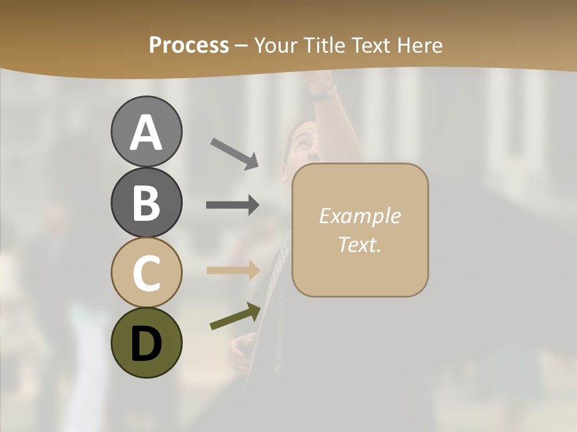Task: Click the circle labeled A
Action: pos(146,132)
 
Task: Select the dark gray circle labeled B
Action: pos(146,202)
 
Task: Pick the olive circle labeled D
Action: pos(146,343)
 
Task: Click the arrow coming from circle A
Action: pos(234,154)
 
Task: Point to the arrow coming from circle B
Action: pos(233,205)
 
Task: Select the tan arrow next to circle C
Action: pos(233,270)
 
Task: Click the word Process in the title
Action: pos(189,45)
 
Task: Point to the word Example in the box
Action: pos(359,216)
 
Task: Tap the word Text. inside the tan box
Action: pos(359,244)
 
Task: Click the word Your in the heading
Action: pos(274,45)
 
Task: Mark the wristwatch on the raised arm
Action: pos(325,92)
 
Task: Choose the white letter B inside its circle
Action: pos(146,202)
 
